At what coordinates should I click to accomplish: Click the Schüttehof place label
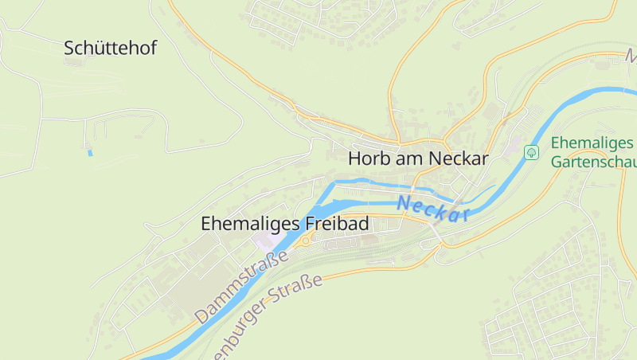click(110, 48)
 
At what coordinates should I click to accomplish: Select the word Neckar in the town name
click(458, 158)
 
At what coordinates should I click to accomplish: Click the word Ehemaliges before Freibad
click(250, 224)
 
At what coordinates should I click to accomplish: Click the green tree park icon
click(531, 151)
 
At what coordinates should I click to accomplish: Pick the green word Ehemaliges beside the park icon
click(592, 144)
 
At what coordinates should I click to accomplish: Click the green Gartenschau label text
click(594, 161)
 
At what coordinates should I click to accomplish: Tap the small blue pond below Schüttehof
click(90, 151)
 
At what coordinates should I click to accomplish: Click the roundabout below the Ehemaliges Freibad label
click(304, 241)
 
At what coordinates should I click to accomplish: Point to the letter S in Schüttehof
click(69, 48)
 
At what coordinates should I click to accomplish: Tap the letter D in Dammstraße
click(201, 316)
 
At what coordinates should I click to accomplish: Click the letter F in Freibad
click(309, 224)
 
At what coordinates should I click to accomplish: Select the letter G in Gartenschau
click(557, 161)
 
